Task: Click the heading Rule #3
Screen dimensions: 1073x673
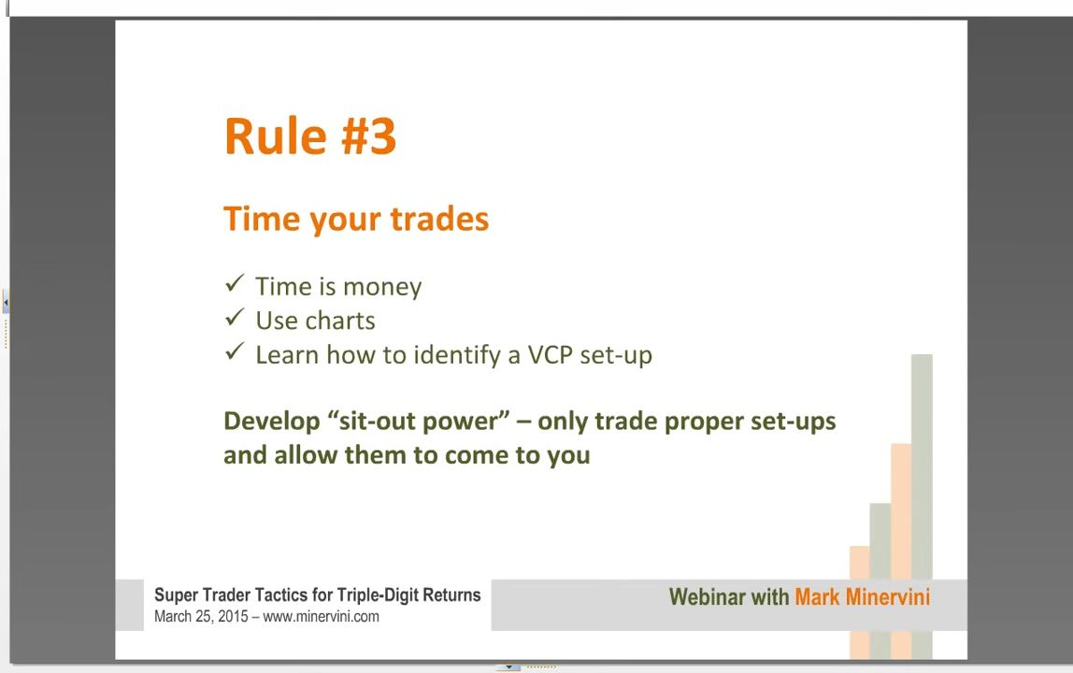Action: tap(310, 136)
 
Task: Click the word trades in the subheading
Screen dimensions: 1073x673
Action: tap(439, 219)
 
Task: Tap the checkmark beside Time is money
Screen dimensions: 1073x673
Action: tap(235, 283)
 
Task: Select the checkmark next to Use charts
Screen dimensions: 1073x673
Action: tap(235, 317)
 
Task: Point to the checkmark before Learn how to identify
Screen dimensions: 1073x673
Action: tap(235, 351)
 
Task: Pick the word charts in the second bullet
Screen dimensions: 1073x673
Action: tap(340, 321)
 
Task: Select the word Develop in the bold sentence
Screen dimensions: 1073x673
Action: tap(272, 422)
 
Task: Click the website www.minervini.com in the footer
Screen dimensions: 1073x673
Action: tap(321, 616)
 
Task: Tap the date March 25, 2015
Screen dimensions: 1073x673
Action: tap(201, 616)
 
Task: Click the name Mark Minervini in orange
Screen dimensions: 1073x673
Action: tap(862, 597)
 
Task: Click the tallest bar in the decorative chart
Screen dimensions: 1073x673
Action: tap(922, 507)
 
